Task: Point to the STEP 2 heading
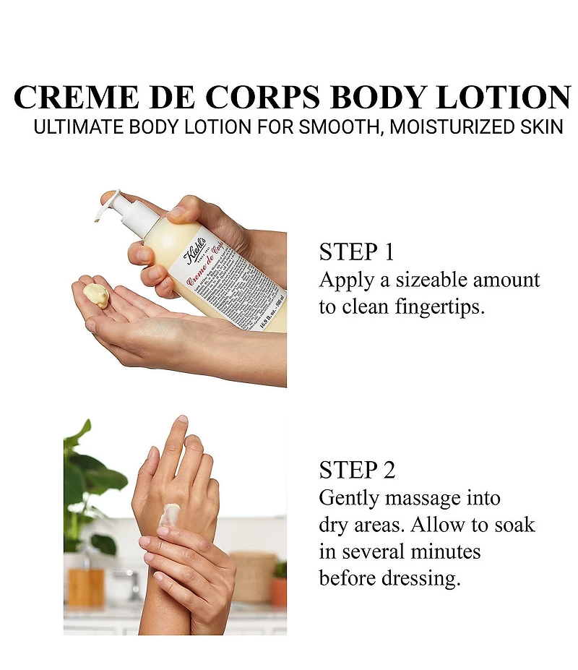[x=357, y=470]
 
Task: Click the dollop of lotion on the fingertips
[x=96, y=295]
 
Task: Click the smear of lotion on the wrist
[x=171, y=515]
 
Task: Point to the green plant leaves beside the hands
[x=90, y=477]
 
